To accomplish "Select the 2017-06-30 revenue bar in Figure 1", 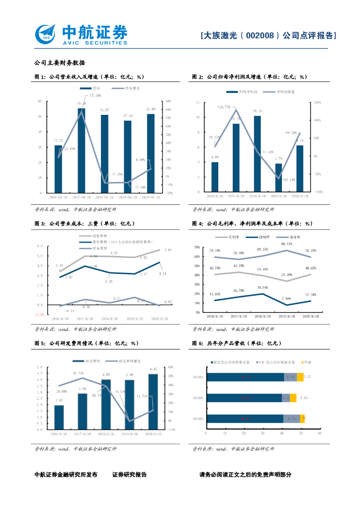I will [81, 150].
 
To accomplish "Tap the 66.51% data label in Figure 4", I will [287, 244].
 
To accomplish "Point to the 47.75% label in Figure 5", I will [79, 373].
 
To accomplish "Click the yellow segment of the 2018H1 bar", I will [300, 377].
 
